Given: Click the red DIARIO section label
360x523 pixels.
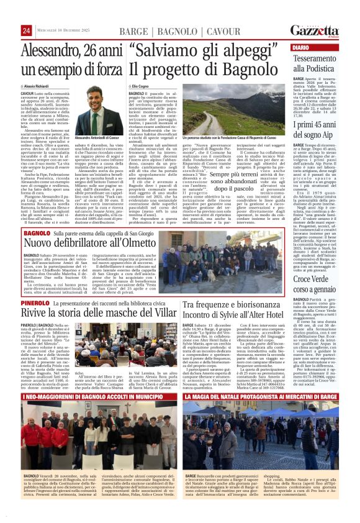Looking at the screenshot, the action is [x=302, y=48].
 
